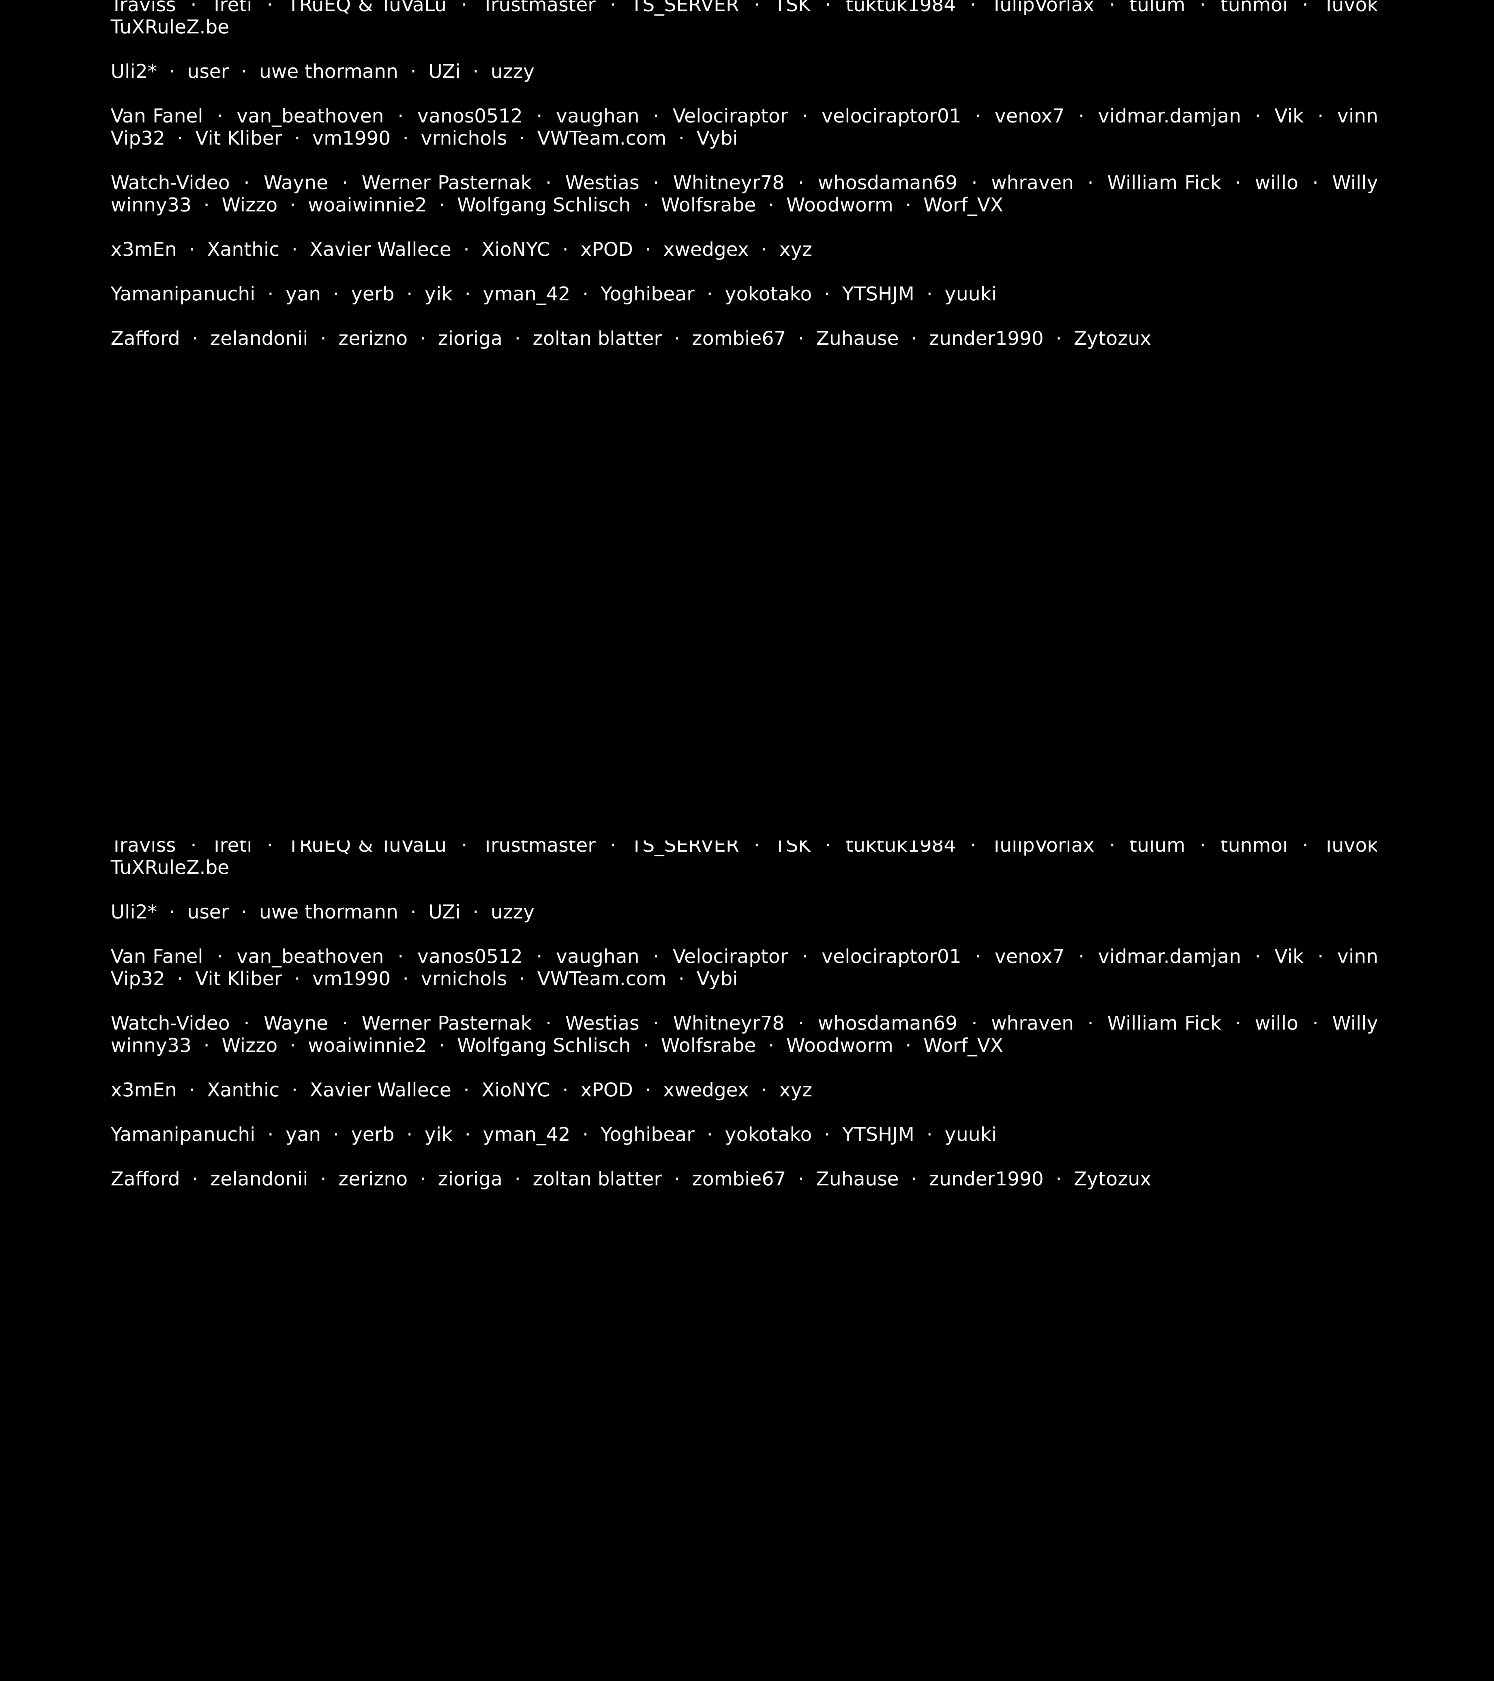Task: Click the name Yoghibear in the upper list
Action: point(647,294)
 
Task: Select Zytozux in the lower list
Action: point(1112,1179)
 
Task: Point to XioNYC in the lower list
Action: point(515,1090)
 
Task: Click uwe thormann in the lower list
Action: point(328,912)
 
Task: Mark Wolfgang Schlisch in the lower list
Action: point(543,1046)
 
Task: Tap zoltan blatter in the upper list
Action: point(597,339)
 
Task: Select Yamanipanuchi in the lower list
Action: point(183,1135)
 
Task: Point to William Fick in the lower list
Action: point(1163,1024)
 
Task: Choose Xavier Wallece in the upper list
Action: point(380,250)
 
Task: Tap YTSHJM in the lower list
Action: point(877,1135)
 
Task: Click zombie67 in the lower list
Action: point(738,1179)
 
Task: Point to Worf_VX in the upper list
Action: point(963,205)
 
